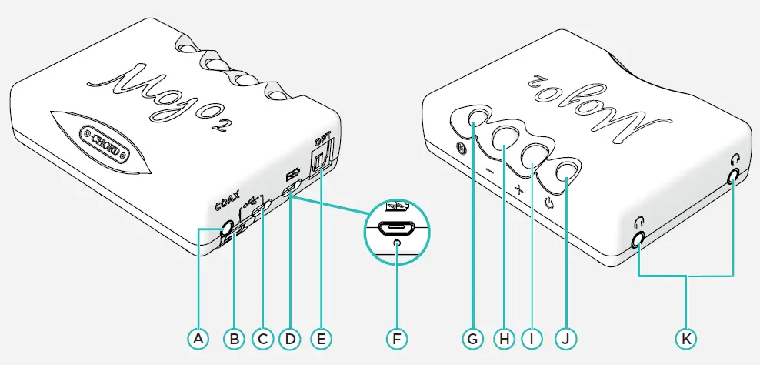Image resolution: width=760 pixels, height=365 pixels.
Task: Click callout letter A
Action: [x=198, y=337]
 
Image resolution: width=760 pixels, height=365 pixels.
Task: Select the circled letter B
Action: [x=231, y=337]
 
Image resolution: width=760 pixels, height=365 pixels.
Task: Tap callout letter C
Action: [x=262, y=337]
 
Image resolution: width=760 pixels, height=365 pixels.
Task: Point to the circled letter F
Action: [x=395, y=337]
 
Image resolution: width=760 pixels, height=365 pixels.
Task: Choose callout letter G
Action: [x=471, y=337]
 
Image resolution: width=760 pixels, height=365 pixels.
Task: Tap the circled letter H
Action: [x=503, y=337]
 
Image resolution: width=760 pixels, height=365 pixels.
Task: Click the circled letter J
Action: [x=567, y=337]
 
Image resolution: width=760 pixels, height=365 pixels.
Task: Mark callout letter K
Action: [x=685, y=337]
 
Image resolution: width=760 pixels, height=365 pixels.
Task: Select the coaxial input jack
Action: [x=226, y=229]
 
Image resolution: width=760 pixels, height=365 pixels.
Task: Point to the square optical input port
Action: [x=318, y=163]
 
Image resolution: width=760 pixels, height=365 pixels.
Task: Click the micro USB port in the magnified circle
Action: [x=395, y=229]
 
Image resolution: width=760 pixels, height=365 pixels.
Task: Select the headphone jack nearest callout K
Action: [x=638, y=240]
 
